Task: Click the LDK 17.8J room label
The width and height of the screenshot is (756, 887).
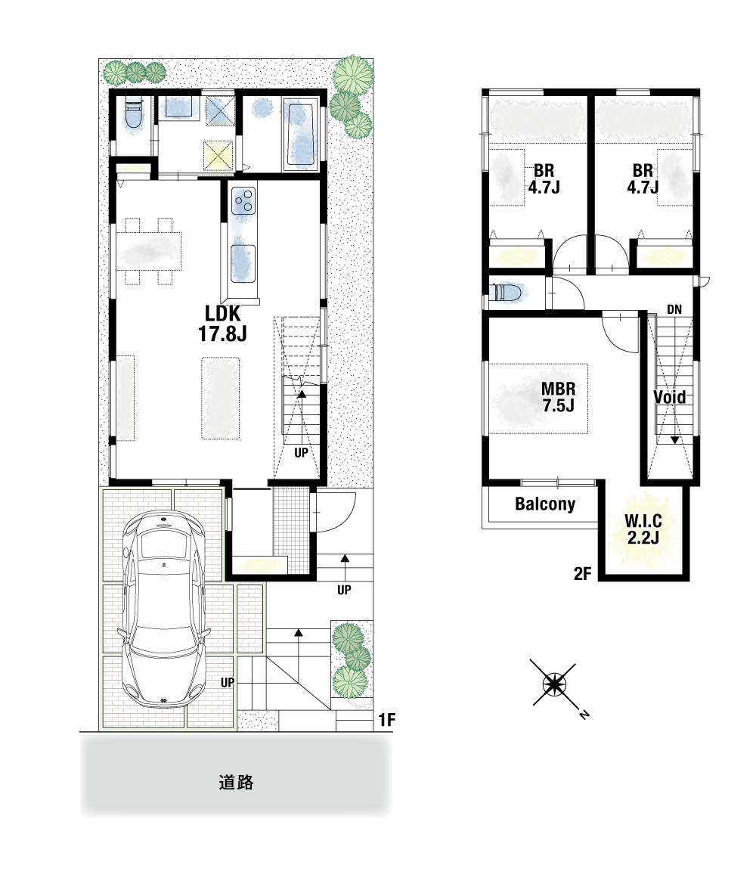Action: [222, 324]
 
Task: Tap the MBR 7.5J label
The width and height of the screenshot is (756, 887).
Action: [558, 397]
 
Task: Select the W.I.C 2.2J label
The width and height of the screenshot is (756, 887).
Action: [643, 529]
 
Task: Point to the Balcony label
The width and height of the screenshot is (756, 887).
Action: [545, 504]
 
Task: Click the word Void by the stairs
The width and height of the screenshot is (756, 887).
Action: [670, 397]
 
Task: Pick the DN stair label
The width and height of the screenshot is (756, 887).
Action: [674, 309]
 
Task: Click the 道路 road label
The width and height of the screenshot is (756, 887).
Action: [236, 783]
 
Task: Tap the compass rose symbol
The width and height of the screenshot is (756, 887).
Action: [554, 685]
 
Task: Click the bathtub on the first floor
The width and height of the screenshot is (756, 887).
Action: [300, 135]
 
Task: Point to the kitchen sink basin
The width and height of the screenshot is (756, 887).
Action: [243, 263]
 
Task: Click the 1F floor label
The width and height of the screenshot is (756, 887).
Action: [387, 720]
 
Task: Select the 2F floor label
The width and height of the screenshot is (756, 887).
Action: [582, 574]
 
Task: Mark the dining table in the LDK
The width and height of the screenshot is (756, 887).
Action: [149, 250]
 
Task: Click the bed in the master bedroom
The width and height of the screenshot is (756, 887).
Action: [538, 399]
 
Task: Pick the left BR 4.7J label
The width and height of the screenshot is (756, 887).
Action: [544, 178]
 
